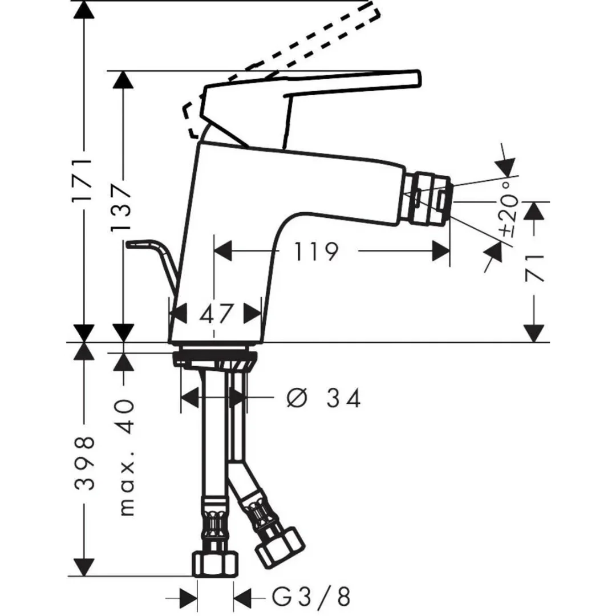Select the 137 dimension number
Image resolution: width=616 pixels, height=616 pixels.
click(x=121, y=207)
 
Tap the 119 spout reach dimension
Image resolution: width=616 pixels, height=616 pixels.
click(x=316, y=252)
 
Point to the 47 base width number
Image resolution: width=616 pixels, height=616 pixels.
click(x=216, y=314)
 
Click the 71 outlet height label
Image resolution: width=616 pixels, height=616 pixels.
click(x=534, y=268)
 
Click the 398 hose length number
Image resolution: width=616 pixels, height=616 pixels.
click(x=84, y=464)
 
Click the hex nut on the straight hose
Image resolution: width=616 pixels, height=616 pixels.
click(x=215, y=564)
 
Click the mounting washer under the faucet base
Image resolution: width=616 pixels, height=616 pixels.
click(x=215, y=358)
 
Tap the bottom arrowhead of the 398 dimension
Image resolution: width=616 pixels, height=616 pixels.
click(x=84, y=568)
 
